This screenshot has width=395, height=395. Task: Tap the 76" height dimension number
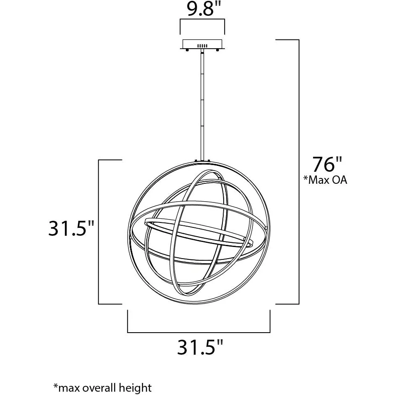pos(327,164)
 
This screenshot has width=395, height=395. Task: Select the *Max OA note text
pos(325,180)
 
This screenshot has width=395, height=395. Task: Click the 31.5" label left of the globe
pos(71,229)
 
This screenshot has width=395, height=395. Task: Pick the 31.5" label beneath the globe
pos(200,347)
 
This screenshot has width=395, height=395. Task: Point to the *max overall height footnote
pos(103,388)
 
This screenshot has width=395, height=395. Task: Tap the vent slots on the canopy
pos(202,46)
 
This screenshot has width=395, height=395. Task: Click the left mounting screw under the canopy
pos(187,50)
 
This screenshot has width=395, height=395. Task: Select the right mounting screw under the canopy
pos(217,50)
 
